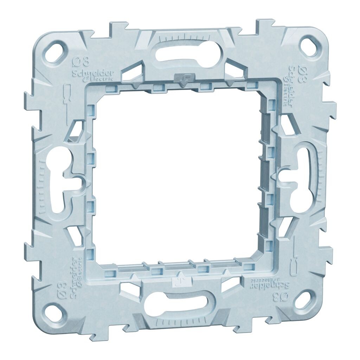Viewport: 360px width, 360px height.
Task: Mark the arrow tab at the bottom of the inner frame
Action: click(x=180, y=279)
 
